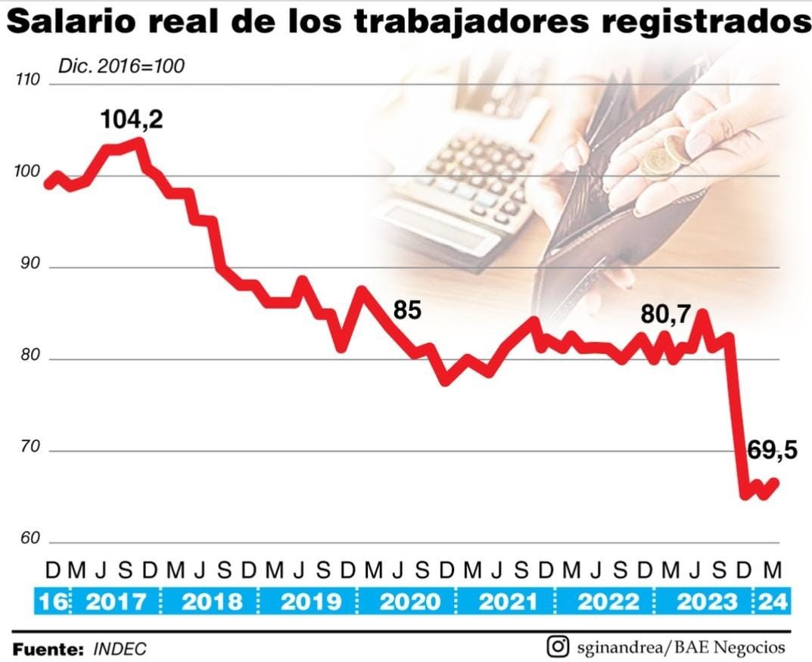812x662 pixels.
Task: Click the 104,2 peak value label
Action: [132, 119]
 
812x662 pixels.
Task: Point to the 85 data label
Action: [406, 310]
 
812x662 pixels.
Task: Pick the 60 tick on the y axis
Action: [29, 539]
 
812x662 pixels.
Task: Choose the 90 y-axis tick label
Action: [29, 266]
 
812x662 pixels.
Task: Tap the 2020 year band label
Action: [409, 602]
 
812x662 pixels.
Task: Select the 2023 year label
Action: [706, 602]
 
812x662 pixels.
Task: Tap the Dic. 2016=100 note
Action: [121, 66]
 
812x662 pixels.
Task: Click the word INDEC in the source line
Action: [120, 649]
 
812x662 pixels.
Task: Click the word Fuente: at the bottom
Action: [48, 649]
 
